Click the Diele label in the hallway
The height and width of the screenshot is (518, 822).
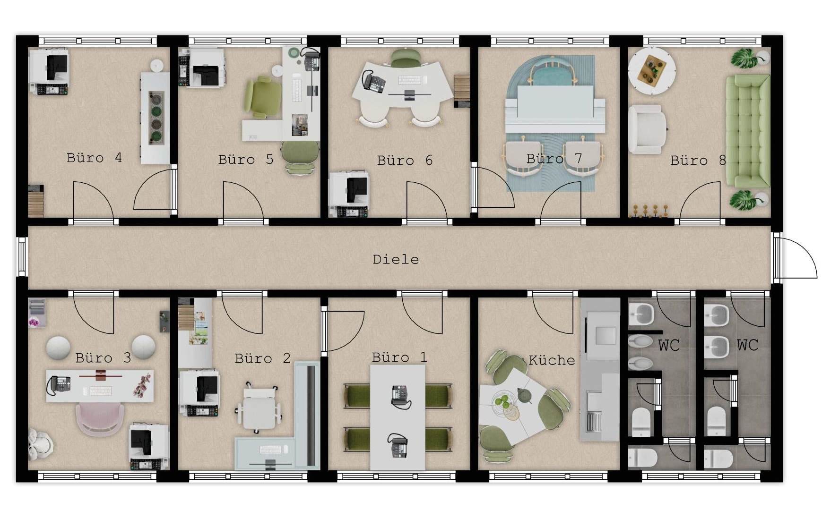[396, 259]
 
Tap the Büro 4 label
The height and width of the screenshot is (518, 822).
[94, 158]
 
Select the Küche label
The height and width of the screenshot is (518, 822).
[552, 360]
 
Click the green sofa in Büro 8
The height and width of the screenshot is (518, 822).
[748, 131]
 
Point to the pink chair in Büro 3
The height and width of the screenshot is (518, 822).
[100, 418]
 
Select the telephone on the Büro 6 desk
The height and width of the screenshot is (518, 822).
[374, 81]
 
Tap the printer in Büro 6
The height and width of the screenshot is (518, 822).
[349, 195]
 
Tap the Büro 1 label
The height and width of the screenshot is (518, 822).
[399, 357]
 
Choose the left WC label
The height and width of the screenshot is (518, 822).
[669, 345]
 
